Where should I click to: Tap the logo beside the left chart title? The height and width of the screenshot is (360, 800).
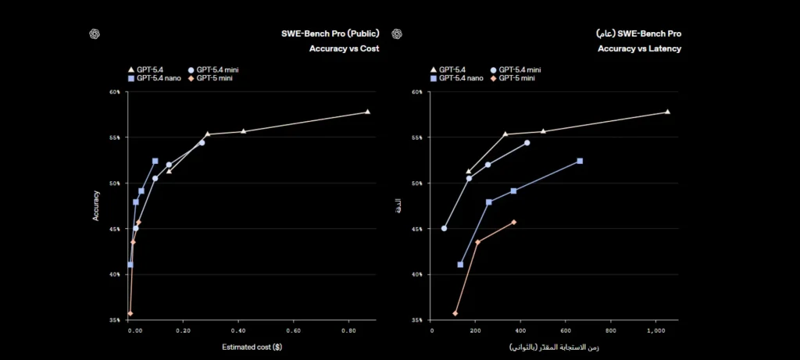pyautogui.click(x=95, y=34)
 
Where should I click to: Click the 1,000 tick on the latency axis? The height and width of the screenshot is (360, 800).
pyautogui.click(x=655, y=331)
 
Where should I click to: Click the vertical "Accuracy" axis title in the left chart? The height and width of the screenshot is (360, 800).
pyautogui.click(x=97, y=206)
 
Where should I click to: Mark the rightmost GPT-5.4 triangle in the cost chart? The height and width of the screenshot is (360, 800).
pyautogui.click(x=367, y=112)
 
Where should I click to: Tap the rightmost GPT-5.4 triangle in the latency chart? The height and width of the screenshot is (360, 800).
pyautogui.click(x=667, y=112)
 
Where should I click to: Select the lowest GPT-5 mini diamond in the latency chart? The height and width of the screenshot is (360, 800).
pyautogui.click(x=455, y=313)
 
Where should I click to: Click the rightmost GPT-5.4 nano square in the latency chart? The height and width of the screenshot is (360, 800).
pyautogui.click(x=580, y=161)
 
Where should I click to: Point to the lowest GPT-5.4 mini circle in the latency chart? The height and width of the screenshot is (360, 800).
pyautogui.click(x=445, y=228)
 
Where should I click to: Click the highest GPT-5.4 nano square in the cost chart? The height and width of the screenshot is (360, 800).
pyautogui.click(x=155, y=161)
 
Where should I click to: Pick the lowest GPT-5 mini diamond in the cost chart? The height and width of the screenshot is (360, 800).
pyautogui.click(x=130, y=313)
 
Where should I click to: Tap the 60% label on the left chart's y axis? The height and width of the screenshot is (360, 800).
pyautogui.click(x=115, y=92)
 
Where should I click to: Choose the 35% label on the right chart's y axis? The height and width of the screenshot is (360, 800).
pyautogui.click(x=416, y=320)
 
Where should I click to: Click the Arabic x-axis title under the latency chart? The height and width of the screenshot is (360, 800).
pyautogui.click(x=554, y=346)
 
